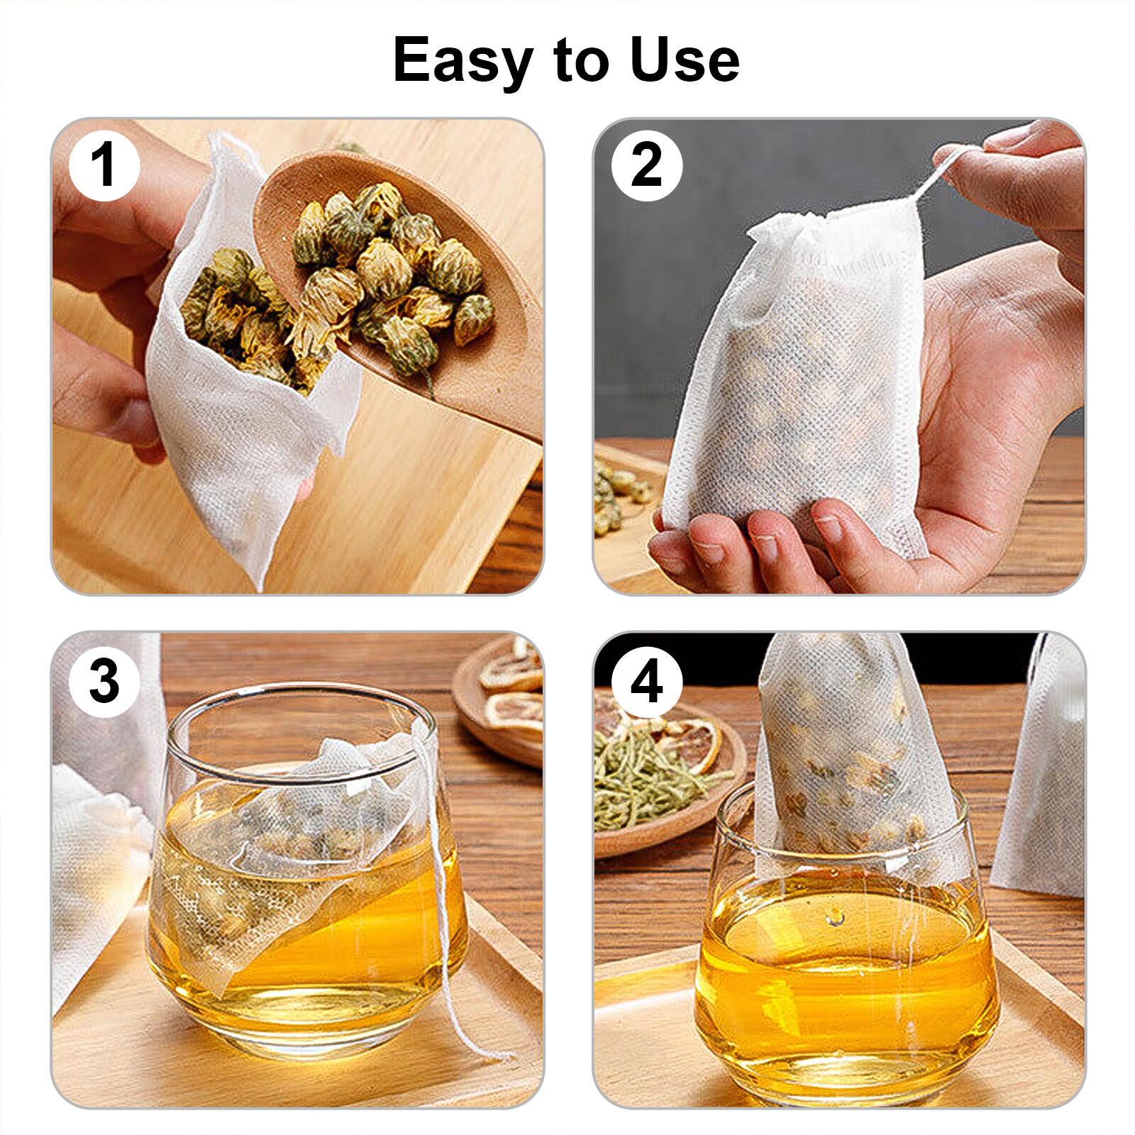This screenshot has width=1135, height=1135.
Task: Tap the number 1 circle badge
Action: (x=104, y=165)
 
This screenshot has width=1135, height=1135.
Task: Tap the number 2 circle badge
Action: (x=646, y=165)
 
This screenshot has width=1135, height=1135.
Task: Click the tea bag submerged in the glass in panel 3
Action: (x=284, y=865)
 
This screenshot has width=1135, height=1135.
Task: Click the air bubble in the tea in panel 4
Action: (x=836, y=918)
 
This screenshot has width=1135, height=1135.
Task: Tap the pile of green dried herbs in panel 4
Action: (x=638, y=780)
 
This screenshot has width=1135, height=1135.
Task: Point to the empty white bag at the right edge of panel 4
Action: (x=1043, y=773)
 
